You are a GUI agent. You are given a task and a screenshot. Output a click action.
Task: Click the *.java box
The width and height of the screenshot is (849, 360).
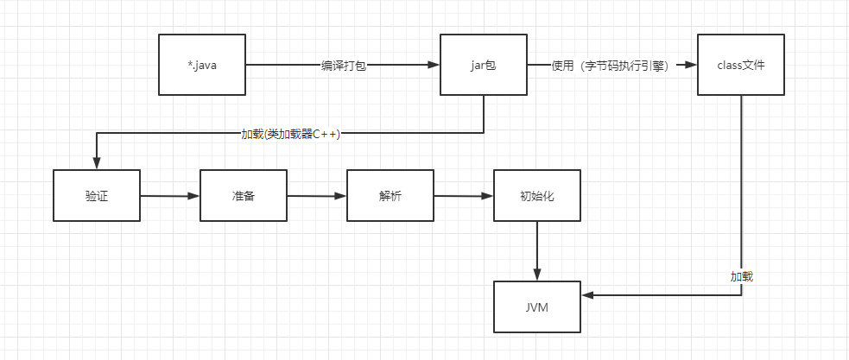(x=202, y=65)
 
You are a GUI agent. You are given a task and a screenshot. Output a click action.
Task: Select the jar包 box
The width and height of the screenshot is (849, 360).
(x=483, y=65)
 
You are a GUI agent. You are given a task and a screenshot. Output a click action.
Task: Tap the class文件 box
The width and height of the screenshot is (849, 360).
(x=741, y=65)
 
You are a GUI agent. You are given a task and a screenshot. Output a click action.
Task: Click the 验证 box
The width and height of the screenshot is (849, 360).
(x=96, y=196)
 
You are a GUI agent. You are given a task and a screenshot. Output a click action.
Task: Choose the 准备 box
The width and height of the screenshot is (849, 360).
(x=243, y=196)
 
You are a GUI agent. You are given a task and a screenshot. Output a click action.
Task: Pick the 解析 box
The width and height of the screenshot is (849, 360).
(x=390, y=196)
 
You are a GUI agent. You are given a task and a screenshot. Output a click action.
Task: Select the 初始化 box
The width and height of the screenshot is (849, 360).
(x=536, y=196)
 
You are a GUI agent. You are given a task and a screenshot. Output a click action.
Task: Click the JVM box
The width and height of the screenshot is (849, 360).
(x=536, y=307)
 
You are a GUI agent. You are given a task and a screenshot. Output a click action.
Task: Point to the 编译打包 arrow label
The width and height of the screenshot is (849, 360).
(x=343, y=66)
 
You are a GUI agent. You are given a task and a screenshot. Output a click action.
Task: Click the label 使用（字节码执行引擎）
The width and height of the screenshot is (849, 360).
(x=610, y=66)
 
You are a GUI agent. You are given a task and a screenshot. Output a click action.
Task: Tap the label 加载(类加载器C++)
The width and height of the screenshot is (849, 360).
(x=290, y=134)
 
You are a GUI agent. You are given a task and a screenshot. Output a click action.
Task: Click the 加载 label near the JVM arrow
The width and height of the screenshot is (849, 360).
(x=741, y=277)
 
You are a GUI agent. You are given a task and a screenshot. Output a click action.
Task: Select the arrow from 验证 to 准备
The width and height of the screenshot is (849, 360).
(x=169, y=196)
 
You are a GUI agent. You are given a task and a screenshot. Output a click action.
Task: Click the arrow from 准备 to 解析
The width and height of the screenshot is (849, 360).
(x=316, y=196)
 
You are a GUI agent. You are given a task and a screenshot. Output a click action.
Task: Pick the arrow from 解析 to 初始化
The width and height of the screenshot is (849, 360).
(x=463, y=196)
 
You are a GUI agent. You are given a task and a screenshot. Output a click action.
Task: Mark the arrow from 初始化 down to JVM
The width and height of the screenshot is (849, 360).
(x=536, y=250)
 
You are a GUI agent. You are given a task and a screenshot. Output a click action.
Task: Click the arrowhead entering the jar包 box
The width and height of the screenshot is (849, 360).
(x=434, y=66)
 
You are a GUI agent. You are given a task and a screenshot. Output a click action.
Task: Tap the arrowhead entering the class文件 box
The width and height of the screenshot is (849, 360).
(x=692, y=66)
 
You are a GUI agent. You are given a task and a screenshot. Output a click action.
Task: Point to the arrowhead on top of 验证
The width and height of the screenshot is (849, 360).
(x=96, y=164)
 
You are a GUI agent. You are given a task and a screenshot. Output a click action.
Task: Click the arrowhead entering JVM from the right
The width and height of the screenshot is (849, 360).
(x=586, y=295)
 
